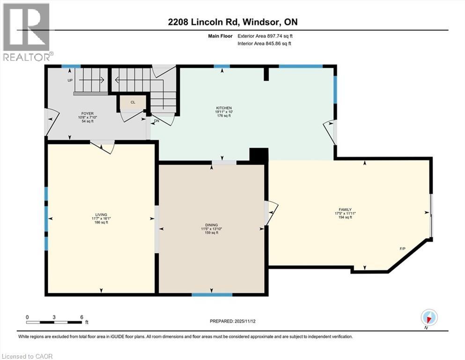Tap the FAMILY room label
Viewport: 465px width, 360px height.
pyautogui.click(x=345, y=210)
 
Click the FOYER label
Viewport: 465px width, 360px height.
pyautogui.click(x=87, y=113)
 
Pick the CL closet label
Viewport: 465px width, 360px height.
pyautogui.click(x=133, y=102)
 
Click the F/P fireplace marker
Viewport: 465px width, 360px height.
pyautogui.click(x=402, y=248)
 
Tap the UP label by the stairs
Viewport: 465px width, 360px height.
pyautogui.click(x=70, y=80)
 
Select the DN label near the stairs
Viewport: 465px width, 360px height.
pyautogui.click(x=156, y=120)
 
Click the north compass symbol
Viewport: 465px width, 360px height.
pyautogui.click(x=429, y=317)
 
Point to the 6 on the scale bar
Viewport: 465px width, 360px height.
pyautogui.click(x=81, y=317)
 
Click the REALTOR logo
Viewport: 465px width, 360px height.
pyautogui.click(x=26, y=32)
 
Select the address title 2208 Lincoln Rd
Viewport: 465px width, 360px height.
pyautogui.click(x=232, y=22)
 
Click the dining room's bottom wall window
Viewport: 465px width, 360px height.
pyautogui.click(x=212, y=295)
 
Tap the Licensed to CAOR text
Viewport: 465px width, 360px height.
pyautogui.click(x=28, y=356)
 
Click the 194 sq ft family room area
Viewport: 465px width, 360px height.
pyautogui.click(x=345, y=217)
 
